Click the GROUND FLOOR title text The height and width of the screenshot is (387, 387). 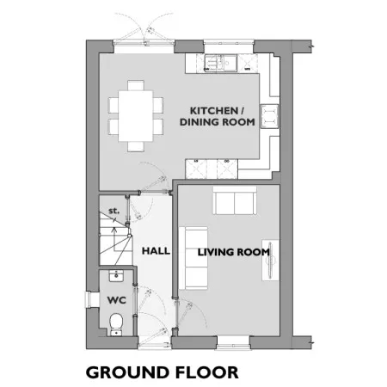[x=162, y=372]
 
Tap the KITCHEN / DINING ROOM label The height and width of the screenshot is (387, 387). [x=218, y=116]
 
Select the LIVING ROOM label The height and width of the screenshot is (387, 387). [x=234, y=252]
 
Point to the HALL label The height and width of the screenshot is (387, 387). [x=156, y=251]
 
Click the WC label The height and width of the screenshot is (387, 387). [x=116, y=300]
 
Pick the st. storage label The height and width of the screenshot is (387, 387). [x=114, y=211]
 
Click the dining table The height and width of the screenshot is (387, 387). [x=136, y=116]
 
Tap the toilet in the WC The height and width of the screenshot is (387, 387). [x=116, y=324]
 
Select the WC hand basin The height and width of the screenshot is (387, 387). [x=116, y=275]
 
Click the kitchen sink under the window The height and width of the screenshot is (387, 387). [x=220, y=63]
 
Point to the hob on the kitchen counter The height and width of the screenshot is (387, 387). [x=269, y=116]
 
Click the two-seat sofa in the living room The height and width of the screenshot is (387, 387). [x=235, y=200]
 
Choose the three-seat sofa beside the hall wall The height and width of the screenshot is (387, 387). [x=193, y=258]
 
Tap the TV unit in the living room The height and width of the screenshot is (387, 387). [x=270, y=260]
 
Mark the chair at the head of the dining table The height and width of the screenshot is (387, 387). [x=136, y=85]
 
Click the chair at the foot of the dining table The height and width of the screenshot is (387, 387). [x=136, y=146]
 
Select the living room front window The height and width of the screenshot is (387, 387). [x=233, y=343]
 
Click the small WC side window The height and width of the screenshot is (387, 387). [x=88, y=300]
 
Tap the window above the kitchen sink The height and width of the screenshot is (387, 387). [x=229, y=43]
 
